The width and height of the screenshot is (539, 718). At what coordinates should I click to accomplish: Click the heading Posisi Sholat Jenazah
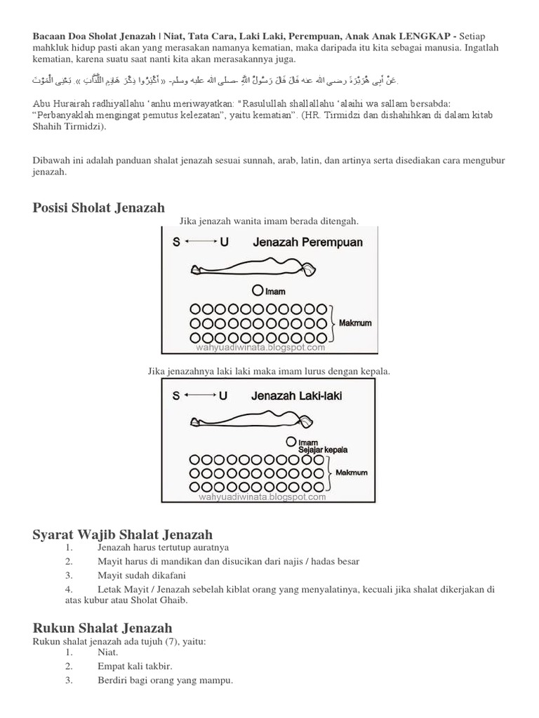coord(99,208)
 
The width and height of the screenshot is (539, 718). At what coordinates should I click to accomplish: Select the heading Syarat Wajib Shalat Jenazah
coord(123,536)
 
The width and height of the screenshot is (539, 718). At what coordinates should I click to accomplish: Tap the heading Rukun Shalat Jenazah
coord(102,628)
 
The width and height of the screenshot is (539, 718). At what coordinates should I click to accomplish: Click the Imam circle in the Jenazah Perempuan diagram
coord(258,290)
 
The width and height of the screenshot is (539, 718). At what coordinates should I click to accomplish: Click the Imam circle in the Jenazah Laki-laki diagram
coord(291,442)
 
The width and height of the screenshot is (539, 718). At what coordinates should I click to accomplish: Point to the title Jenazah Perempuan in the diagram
coord(307,243)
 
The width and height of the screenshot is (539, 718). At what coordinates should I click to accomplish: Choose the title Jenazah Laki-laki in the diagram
coord(297,395)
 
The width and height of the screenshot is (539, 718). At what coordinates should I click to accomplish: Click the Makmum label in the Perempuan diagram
coord(354,324)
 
